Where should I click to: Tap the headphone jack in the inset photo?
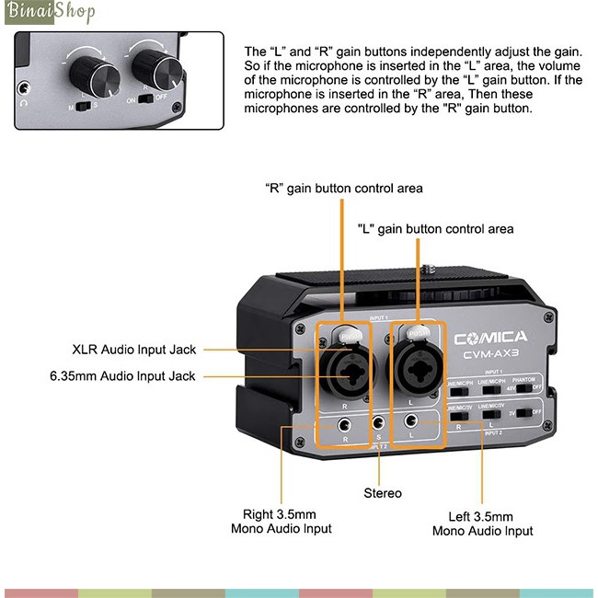point(25,89)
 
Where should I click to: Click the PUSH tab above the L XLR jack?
point(419,332)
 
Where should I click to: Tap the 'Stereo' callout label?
point(382,493)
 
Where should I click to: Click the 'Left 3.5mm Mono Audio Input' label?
point(482,523)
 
